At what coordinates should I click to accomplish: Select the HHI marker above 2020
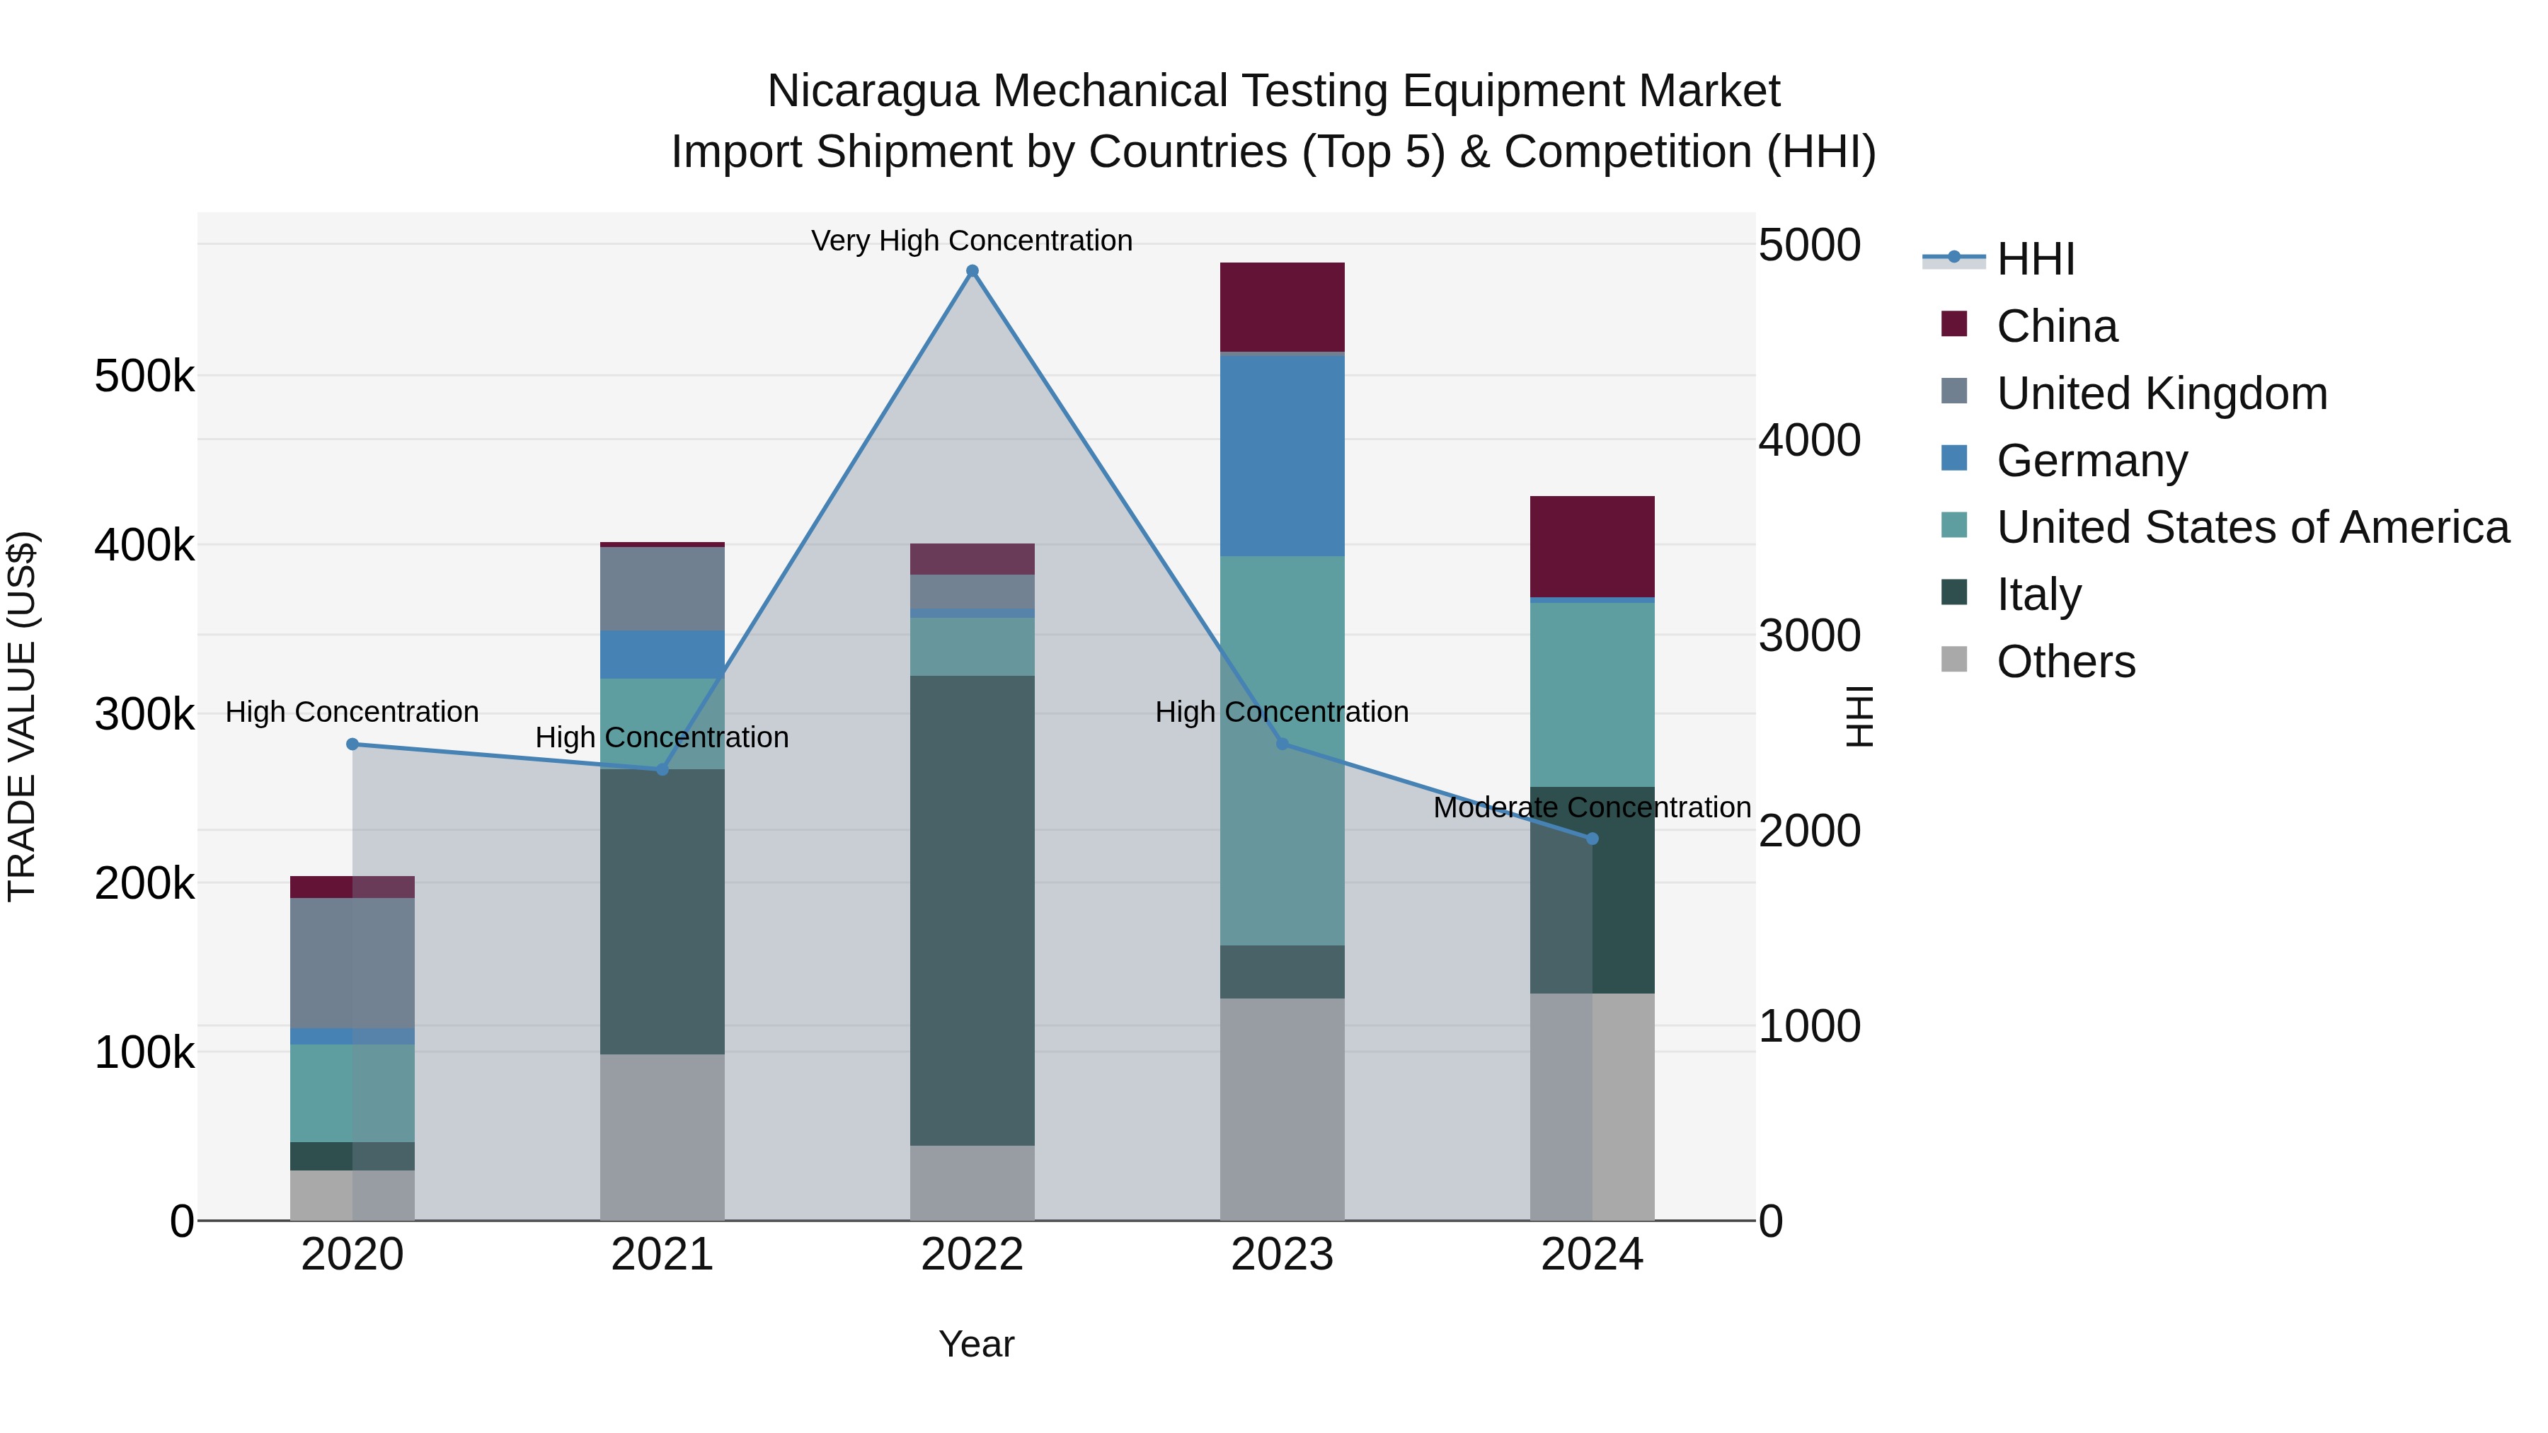tap(352, 744)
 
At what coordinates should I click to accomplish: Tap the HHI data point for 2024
tap(1592, 839)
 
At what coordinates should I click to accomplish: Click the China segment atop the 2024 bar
tap(1592, 546)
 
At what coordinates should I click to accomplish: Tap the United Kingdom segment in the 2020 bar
tap(352, 962)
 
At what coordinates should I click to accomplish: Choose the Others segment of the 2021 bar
tap(662, 1136)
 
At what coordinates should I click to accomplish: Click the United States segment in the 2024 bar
tap(1592, 694)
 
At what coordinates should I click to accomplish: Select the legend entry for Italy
tap(2038, 594)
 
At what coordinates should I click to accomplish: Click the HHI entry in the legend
tap(2035, 259)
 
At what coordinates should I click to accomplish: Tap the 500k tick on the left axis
tap(144, 376)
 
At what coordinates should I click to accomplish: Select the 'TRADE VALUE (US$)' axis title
tap(22, 716)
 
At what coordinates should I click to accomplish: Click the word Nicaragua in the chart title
tap(873, 91)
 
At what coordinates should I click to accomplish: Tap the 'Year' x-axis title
tap(975, 1344)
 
